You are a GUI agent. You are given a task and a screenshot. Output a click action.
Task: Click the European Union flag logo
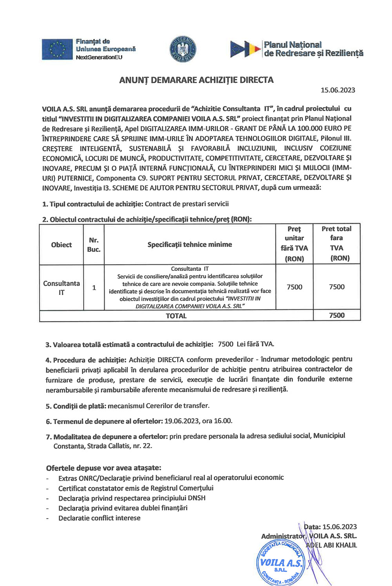click(58, 49)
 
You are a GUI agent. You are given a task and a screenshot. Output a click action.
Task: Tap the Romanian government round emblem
click(183, 49)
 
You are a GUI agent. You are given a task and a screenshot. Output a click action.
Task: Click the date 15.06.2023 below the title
click(338, 90)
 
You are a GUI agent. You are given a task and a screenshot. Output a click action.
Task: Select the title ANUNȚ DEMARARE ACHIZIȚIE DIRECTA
click(196, 80)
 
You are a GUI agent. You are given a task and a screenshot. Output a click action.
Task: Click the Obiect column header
click(62, 245)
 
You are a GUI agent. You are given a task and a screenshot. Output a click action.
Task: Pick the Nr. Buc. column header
click(94, 245)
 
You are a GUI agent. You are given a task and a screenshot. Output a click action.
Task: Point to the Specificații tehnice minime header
click(190, 245)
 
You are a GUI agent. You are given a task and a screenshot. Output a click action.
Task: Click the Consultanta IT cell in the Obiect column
click(62, 288)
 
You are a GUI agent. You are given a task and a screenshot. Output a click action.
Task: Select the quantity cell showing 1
click(94, 288)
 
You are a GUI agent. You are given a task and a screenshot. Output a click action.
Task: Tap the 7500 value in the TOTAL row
click(337, 316)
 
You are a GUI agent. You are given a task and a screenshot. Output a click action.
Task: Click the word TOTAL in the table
click(176, 316)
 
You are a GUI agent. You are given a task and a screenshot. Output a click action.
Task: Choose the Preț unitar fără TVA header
click(294, 243)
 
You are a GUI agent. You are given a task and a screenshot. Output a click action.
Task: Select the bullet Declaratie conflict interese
click(99, 518)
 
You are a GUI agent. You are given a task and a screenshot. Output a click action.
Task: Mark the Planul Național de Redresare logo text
click(313, 49)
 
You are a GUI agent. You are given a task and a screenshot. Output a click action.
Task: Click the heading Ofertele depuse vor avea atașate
click(103, 468)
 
